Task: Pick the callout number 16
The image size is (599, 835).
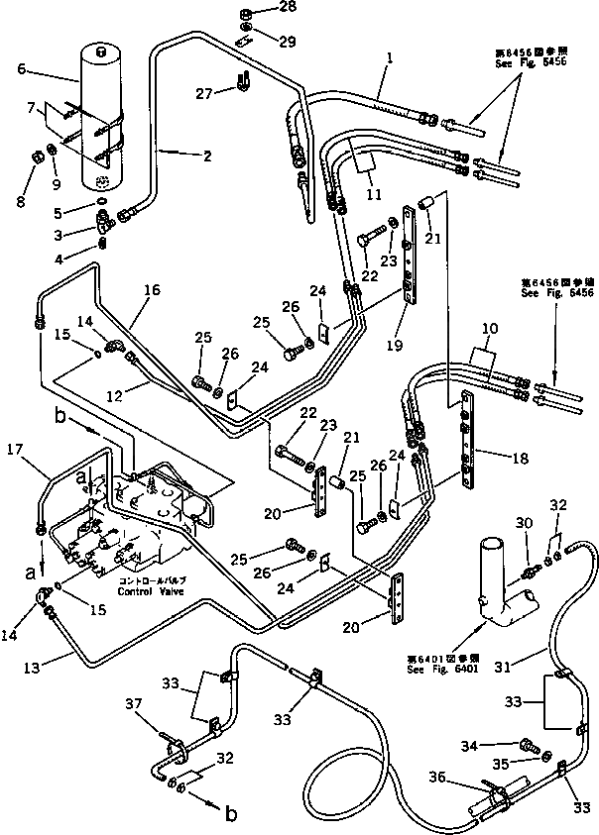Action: (151, 291)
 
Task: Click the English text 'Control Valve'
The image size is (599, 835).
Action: (149, 592)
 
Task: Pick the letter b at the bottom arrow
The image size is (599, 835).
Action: (230, 814)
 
